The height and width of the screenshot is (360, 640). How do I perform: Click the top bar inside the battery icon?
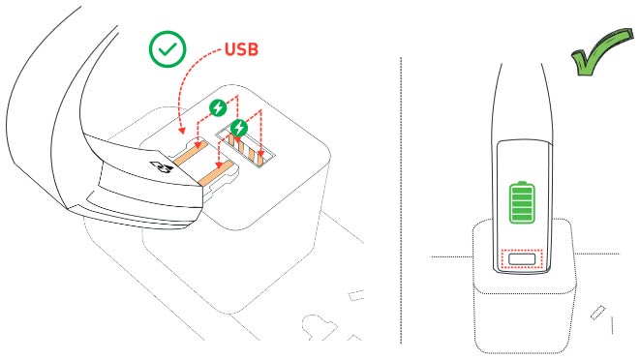(x=522, y=191)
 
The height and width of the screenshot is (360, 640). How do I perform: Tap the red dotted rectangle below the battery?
(x=522, y=260)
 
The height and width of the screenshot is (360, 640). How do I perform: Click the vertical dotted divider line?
(x=400, y=194)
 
